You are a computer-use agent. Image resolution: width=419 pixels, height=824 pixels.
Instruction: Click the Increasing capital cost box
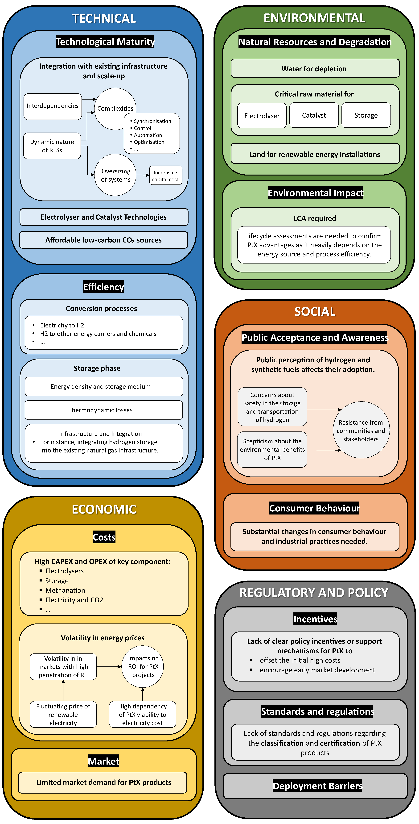(165, 176)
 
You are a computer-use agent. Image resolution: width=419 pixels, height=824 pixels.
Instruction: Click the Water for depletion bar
(315, 68)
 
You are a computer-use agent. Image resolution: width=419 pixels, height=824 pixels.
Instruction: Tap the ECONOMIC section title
(104, 509)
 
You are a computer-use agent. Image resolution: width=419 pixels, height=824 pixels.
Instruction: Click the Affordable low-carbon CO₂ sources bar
(104, 240)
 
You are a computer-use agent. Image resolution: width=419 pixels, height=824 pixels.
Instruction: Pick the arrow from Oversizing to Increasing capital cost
(143, 175)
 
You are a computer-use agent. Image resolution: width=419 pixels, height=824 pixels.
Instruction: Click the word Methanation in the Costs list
(65, 590)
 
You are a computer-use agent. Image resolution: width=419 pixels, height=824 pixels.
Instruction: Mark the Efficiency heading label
(104, 287)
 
